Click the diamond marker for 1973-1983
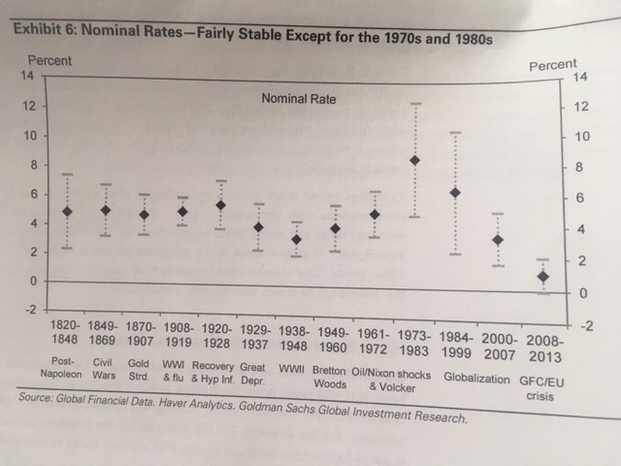click(414, 160)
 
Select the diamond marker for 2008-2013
click(543, 277)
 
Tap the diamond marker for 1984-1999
click(455, 193)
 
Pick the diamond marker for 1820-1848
click(67, 211)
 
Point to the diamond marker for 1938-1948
click(297, 239)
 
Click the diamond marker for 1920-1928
click(220, 205)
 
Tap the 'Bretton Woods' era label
click(334, 377)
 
